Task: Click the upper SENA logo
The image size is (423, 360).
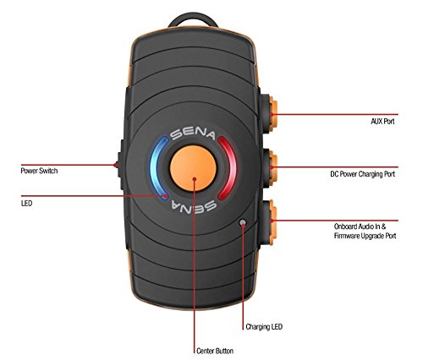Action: tap(193, 134)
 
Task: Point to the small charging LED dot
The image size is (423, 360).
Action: tap(244, 223)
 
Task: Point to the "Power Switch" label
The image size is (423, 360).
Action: tap(41, 170)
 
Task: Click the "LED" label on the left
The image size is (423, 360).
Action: tap(26, 203)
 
